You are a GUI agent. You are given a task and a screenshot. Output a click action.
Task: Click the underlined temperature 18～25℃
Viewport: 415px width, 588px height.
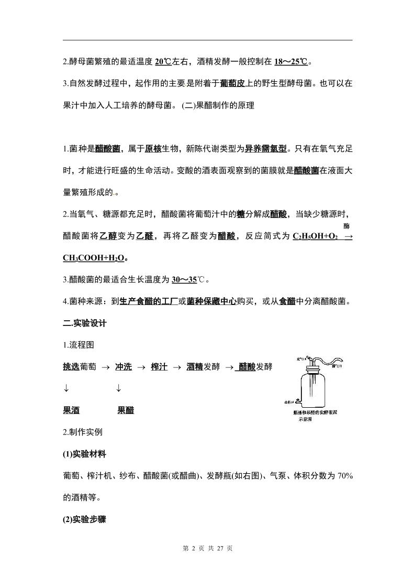click(x=291, y=62)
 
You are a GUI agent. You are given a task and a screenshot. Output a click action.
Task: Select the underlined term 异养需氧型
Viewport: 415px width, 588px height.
click(x=266, y=149)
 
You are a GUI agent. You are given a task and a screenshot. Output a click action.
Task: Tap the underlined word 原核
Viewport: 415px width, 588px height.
click(x=153, y=149)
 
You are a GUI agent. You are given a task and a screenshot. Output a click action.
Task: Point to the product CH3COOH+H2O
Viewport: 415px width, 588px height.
click(x=94, y=258)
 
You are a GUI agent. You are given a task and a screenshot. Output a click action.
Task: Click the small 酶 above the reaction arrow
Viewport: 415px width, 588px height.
click(x=346, y=226)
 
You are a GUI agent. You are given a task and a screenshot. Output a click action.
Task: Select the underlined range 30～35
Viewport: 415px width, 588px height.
click(x=184, y=279)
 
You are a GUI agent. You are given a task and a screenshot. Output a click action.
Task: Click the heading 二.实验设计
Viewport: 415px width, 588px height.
click(x=84, y=323)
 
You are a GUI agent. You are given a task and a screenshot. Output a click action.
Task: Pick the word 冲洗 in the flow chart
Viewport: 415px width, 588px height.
click(x=123, y=367)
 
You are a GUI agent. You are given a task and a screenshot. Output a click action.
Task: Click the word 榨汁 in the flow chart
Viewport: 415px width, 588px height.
click(x=159, y=367)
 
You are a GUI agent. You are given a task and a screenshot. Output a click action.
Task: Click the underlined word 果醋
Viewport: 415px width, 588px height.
click(x=126, y=410)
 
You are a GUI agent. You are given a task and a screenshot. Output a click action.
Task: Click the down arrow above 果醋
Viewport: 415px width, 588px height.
click(x=119, y=388)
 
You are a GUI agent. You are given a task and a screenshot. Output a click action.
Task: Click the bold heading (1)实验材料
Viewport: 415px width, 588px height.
click(x=84, y=454)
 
